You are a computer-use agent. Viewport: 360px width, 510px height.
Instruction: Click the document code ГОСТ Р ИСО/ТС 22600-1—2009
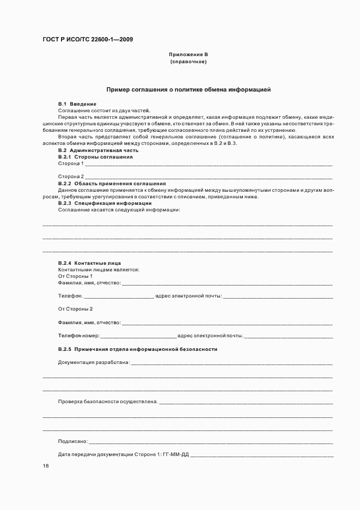point(88,39)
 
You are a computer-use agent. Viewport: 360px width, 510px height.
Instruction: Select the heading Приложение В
point(188,54)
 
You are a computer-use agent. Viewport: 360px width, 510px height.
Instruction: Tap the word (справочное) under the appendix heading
point(188,62)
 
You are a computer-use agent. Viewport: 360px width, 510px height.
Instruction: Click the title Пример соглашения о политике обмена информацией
point(188,89)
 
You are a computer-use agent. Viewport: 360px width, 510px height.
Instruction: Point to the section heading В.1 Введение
point(77,104)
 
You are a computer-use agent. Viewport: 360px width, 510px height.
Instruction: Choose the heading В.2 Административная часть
point(99,150)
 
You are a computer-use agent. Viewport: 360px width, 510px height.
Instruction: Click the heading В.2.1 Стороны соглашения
point(95,157)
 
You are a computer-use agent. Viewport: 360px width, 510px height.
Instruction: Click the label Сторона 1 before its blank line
point(71,163)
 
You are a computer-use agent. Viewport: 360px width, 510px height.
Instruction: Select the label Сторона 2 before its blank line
point(71,177)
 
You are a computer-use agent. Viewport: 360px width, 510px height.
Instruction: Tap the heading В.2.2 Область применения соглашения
point(112,184)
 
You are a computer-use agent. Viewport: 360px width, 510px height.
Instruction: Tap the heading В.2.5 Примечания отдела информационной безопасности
point(138,349)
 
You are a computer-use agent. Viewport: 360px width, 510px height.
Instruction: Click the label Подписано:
point(72,441)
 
